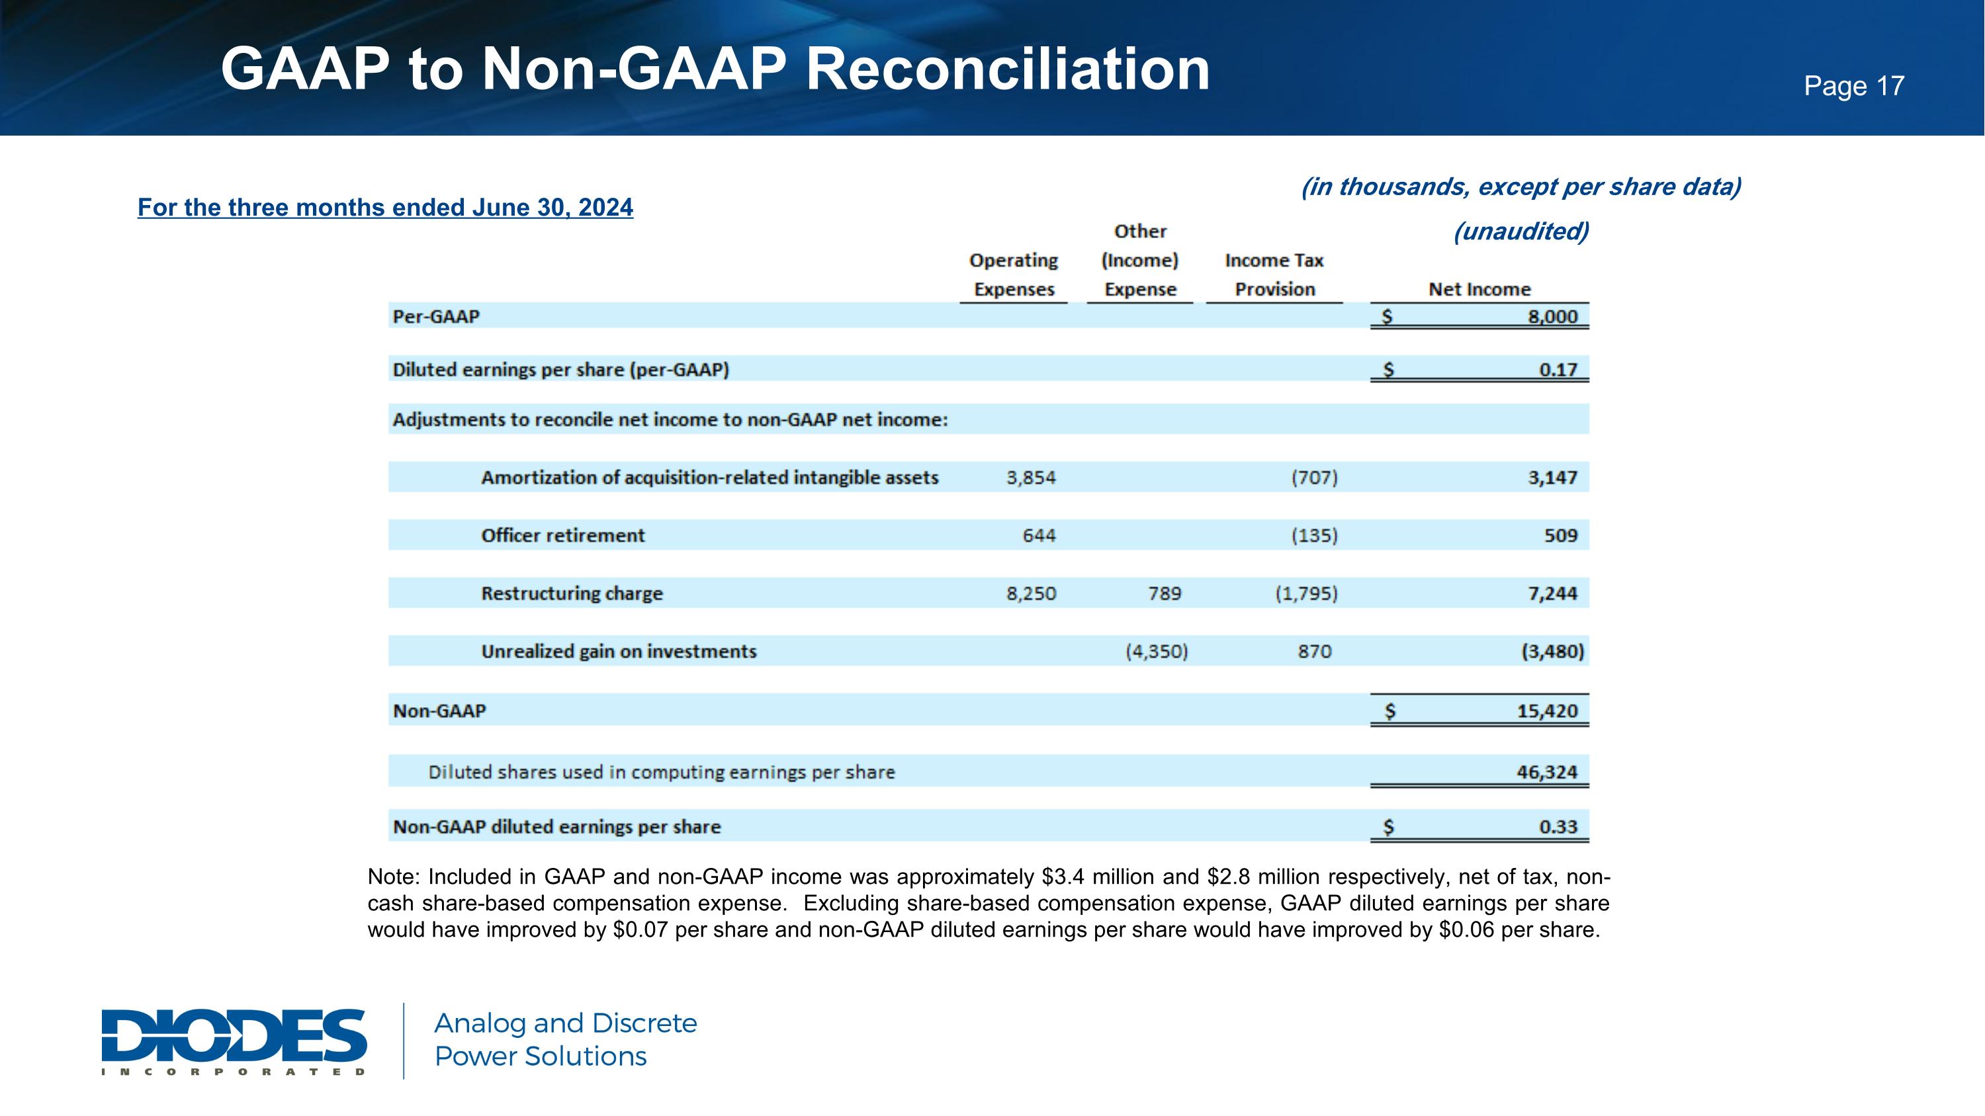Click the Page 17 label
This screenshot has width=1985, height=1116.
coord(1853,85)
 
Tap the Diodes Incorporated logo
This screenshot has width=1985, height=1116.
coord(234,1040)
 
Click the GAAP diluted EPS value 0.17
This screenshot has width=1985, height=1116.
coord(1558,370)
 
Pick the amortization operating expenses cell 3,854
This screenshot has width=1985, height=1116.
coord(1030,478)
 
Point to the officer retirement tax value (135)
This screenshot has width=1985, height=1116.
coord(1314,535)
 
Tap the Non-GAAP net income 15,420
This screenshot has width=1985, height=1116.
coord(1548,711)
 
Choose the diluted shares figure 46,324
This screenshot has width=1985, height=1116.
coord(1548,772)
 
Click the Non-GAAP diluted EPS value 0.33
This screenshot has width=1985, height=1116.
coord(1558,826)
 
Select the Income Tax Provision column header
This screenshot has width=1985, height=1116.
coord(1274,275)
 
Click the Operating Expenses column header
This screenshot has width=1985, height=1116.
coord(1013,275)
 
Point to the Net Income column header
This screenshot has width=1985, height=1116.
coord(1479,290)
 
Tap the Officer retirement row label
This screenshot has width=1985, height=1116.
coord(562,535)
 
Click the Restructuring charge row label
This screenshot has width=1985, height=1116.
coord(572,593)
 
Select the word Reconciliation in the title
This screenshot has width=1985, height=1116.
coord(1007,69)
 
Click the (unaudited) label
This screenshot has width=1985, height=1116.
coord(1521,231)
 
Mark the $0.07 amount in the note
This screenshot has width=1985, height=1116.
coord(640,929)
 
